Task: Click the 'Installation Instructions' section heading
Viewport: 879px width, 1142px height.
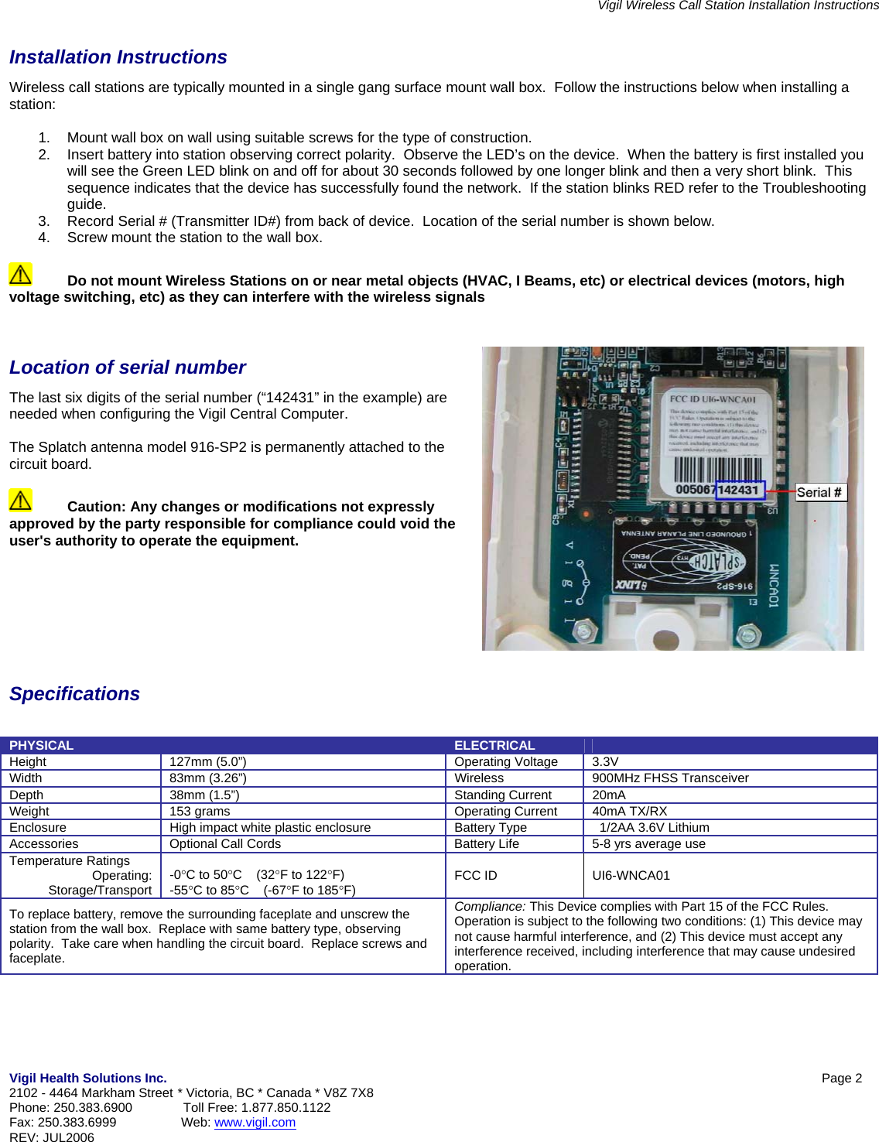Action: click(x=118, y=57)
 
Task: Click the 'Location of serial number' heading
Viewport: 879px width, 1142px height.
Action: click(x=127, y=368)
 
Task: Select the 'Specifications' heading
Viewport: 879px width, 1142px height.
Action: click(x=74, y=694)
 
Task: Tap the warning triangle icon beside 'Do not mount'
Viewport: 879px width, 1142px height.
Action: click(x=20, y=274)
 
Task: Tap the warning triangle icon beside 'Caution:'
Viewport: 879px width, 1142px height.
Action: click(x=20, y=500)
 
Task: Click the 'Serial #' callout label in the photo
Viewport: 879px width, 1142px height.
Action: click(x=820, y=492)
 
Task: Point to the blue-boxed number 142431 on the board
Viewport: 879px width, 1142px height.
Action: click(x=739, y=490)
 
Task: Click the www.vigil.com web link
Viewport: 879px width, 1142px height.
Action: click(x=255, y=1122)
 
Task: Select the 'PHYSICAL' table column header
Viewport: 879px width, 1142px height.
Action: click(x=41, y=745)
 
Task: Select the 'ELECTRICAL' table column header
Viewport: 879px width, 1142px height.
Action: click(x=494, y=745)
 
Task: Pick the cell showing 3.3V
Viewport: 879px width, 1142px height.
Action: click(x=605, y=761)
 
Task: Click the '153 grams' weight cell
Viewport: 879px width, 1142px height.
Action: click(x=200, y=811)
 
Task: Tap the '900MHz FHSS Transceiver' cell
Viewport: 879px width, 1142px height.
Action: click(x=670, y=778)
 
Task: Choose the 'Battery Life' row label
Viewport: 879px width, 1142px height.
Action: click(x=486, y=843)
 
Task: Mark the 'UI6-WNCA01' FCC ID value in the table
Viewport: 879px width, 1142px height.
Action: click(x=631, y=875)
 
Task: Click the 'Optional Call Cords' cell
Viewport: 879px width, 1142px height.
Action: click(x=225, y=843)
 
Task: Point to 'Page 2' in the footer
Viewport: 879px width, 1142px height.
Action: click(x=841, y=1078)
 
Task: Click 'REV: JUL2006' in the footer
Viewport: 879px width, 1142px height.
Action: click(x=52, y=1137)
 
